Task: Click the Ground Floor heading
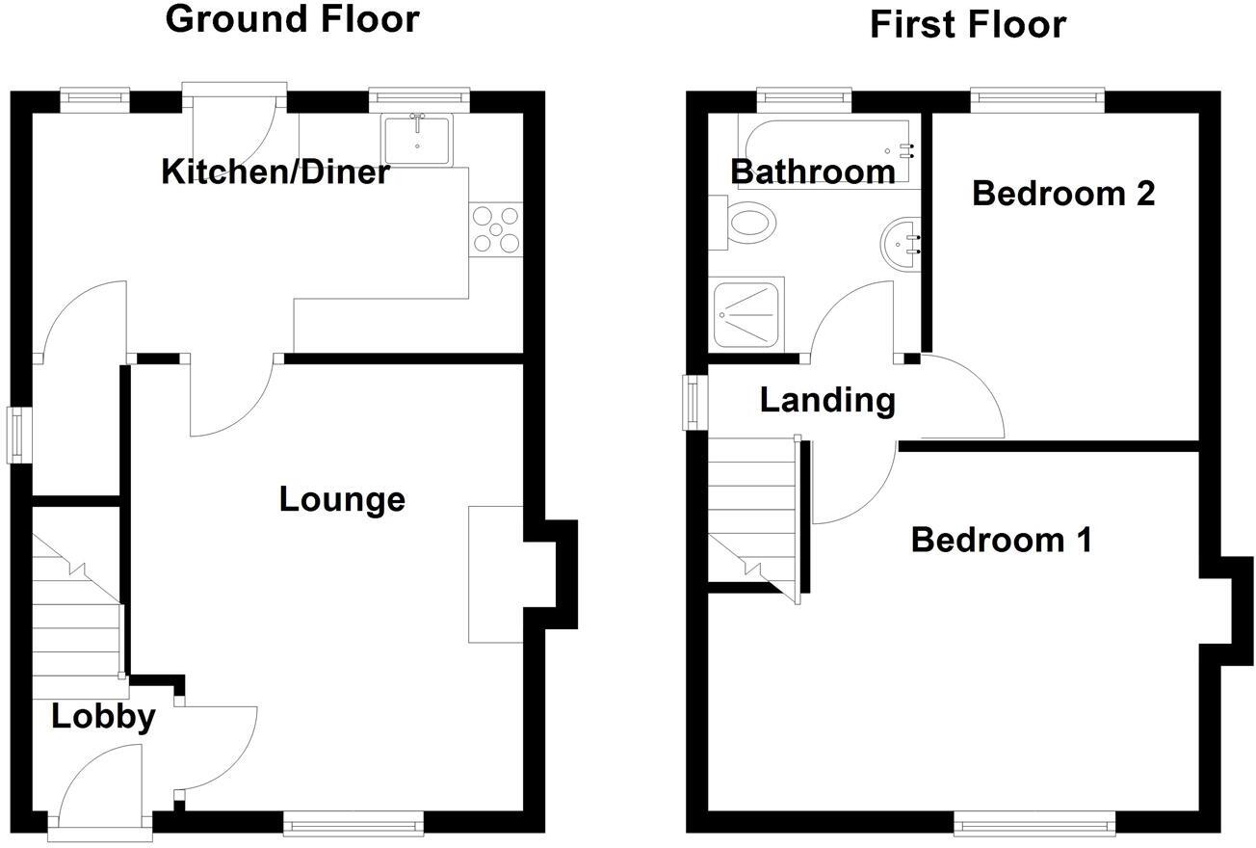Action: (x=293, y=19)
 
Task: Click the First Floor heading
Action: (x=967, y=24)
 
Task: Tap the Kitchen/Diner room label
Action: (x=275, y=172)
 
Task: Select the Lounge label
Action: (x=342, y=499)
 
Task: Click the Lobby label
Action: (x=103, y=717)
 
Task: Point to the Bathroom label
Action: (x=813, y=172)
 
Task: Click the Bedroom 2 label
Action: (x=1062, y=193)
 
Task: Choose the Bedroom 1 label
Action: (x=1001, y=540)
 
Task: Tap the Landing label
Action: (x=827, y=399)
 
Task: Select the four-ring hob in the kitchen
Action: (x=495, y=229)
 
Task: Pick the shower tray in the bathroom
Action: (x=746, y=314)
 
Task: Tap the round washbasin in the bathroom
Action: (x=902, y=244)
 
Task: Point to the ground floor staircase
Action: (x=77, y=607)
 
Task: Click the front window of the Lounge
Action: (x=353, y=822)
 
